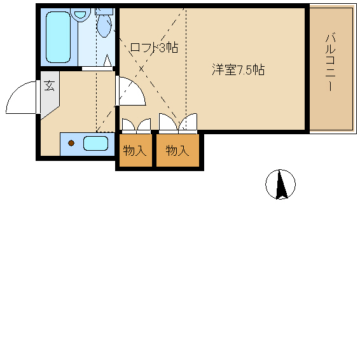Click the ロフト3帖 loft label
[x=153, y=48]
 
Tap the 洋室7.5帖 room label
[x=238, y=70]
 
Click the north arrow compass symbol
[x=280, y=185]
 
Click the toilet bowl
[x=104, y=26]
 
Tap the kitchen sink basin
[x=95, y=143]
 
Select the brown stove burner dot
[x=71, y=143]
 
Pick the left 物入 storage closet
[x=134, y=151]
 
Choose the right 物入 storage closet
[x=177, y=151]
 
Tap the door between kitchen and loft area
[x=132, y=91]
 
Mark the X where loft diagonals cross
[x=141, y=68]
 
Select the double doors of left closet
[x=135, y=125]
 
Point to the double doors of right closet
[x=179, y=122]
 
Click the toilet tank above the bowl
[x=104, y=11]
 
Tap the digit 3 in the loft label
[x=162, y=48]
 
